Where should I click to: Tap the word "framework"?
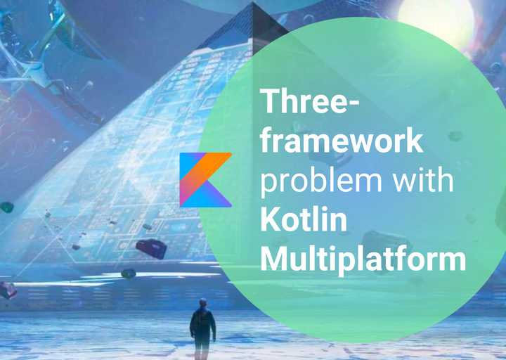coord(342,141)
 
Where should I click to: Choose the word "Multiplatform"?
coord(363,259)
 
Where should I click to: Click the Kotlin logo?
coord(205,179)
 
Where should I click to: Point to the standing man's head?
coord(202,304)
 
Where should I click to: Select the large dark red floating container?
coord(151,248)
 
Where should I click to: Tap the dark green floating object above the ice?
coord(128,274)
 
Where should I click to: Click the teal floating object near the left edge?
coord(6,207)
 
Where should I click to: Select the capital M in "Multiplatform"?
coord(275,259)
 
